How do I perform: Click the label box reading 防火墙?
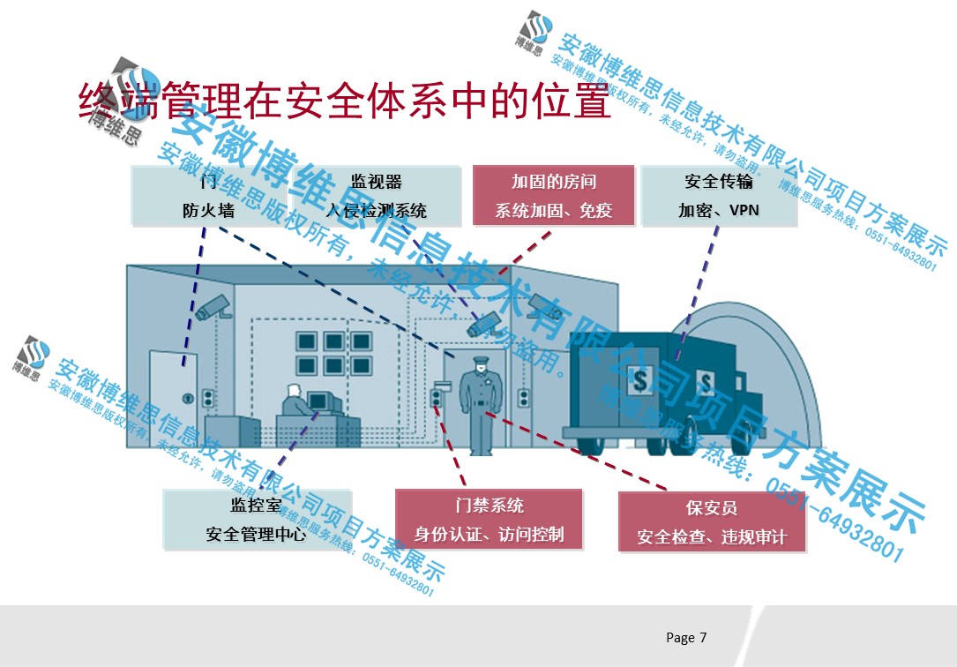coord(208,195)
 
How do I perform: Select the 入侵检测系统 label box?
coord(377,195)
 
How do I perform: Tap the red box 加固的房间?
coord(553,196)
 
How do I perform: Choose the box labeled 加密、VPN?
coord(719,196)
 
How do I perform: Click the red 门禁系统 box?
coord(489,520)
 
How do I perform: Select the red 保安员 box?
coord(711,521)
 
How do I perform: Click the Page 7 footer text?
coord(686,637)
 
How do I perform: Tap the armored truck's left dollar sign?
coord(639,381)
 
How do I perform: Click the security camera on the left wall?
coord(213,307)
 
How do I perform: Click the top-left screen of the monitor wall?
coord(308,341)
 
